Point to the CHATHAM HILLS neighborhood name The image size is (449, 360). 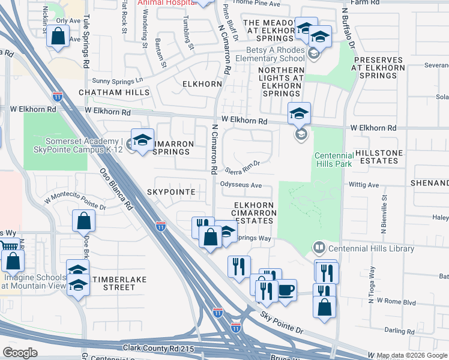click(113, 93)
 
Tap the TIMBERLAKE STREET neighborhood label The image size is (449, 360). click(113, 283)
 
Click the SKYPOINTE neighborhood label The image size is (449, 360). click(171, 192)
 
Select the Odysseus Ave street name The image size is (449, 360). click(241, 185)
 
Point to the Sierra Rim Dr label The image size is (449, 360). click(243, 165)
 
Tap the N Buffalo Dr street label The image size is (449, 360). click(349, 28)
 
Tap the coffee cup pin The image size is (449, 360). click(286, 290)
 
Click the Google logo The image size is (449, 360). click(20, 353)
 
